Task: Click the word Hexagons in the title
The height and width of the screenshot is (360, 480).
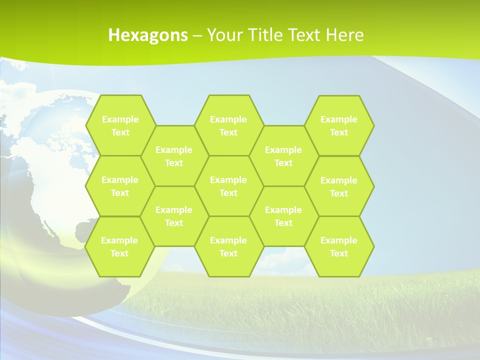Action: (148, 35)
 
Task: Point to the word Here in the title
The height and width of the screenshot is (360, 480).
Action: (344, 35)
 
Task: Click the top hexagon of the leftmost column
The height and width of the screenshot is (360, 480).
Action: (120, 125)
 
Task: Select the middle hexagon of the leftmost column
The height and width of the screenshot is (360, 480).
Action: (120, 186)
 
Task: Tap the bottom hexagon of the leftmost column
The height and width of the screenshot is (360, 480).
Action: (119, 246)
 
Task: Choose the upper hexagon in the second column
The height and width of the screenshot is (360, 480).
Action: (174, 156)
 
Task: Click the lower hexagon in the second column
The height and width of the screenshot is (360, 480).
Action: (174, 216)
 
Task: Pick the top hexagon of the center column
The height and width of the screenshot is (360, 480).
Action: (228, 125)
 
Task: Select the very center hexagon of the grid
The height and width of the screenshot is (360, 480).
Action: (228, 186)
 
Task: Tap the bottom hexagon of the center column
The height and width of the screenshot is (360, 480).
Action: (228, 246)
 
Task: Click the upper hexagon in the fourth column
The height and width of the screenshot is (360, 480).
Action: (283, 156)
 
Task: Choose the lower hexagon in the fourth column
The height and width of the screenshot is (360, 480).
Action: (283, 216)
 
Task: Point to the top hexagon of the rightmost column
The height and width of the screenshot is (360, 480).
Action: (339, 125)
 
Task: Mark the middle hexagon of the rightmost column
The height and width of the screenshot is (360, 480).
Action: (339, 186)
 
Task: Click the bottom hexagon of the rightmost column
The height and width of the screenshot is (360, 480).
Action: (339, 246)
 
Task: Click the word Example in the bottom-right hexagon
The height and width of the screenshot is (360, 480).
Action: (339, 240)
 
